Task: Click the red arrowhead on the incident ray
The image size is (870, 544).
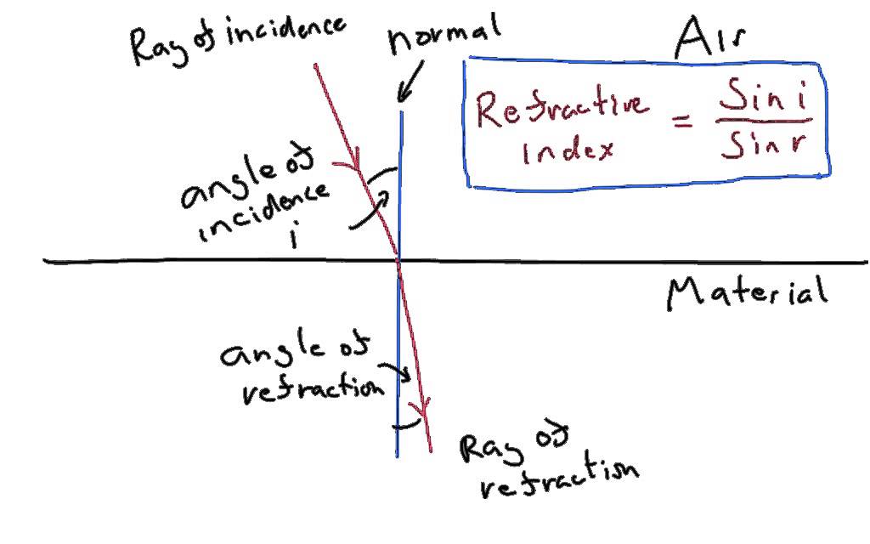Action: tap(354, 160)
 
